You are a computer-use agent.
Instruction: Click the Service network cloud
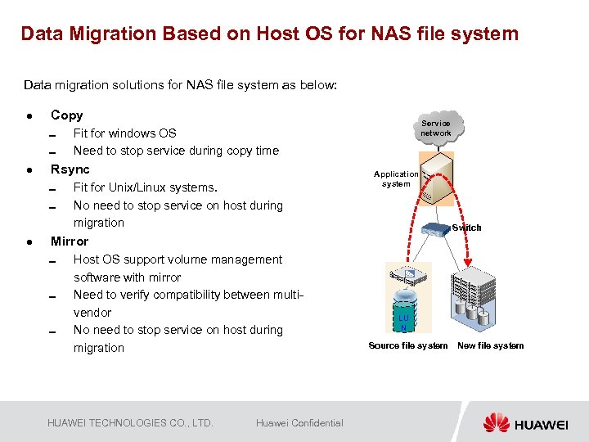435,128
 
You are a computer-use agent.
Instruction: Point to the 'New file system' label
490,345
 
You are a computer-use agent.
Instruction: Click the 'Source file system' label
407,345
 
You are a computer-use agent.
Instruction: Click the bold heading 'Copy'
66,115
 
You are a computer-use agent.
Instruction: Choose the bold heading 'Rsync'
70,169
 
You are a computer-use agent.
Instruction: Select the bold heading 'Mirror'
69,241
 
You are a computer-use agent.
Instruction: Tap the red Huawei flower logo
496,423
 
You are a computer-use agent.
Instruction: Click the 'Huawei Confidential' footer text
299,423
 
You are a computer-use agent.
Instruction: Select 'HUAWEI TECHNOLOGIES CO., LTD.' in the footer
130,423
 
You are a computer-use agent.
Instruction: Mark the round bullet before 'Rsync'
29,170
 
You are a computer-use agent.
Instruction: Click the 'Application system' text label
396,178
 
